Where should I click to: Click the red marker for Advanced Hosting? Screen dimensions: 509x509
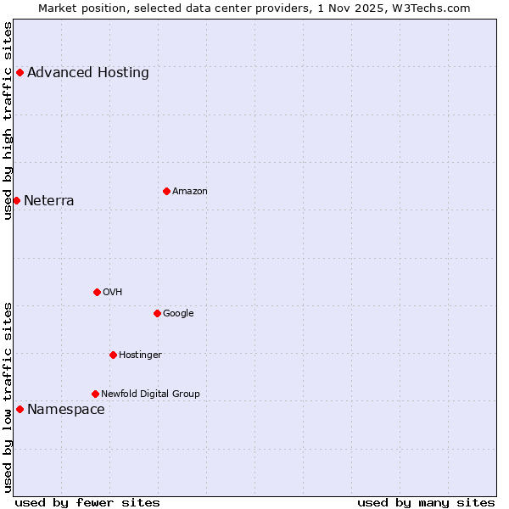pos(20,73)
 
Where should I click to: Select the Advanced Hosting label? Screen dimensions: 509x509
pos(88,73)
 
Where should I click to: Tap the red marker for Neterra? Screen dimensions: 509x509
pos(16,200)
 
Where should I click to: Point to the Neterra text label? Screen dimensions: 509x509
pos(49,201)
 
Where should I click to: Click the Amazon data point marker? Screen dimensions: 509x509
pos(166,191)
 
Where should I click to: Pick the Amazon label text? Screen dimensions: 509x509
pos(190,192)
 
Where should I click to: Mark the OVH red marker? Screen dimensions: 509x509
pos(97,292)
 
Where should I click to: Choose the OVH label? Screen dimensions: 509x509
pos(113,293)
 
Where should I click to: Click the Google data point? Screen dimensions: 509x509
pos(157,313)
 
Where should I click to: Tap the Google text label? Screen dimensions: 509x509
pos(178,314)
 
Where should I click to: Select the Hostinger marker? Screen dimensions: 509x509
pos(113,355)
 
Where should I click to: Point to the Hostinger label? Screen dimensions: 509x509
pos(140,355)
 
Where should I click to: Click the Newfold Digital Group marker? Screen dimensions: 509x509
pos(95,394)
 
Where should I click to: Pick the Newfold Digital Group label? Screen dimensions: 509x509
pos(150,394)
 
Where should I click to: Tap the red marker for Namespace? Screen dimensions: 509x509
pos(20,410)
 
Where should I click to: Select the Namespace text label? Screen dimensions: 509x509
pos(66,410)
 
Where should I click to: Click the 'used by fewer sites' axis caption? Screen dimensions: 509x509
pos(87,503)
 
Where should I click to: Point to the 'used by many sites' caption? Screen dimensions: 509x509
pos(426,503)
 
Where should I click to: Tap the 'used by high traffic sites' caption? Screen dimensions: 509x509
pos(8,120)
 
